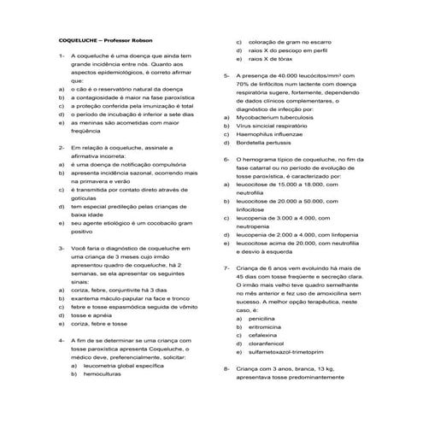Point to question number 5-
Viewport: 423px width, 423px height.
coord(226,76)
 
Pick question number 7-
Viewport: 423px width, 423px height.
coord(226,267)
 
